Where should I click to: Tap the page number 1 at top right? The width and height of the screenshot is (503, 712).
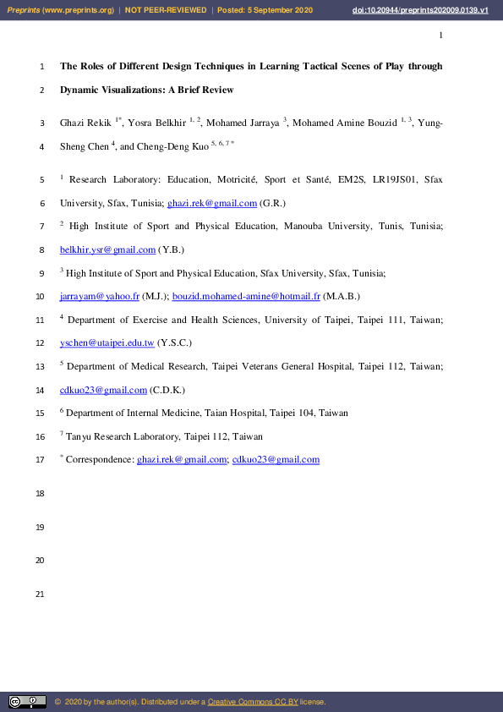pyautogui.click(x=441, y=35)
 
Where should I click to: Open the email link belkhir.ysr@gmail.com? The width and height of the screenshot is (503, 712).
pyautogui.click(x=108, y=250)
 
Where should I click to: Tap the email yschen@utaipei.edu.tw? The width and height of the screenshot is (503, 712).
pyautogui.click(x=107, y=343)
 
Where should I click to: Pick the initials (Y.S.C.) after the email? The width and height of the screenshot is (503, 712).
pyautogui.click(x=174, y=343)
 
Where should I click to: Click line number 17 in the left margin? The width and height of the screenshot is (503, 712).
pyautogui.click(x=39, y=460)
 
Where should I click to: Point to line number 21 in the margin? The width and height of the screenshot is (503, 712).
pyautogui.click(x=39, y=595)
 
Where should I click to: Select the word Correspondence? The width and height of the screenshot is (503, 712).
pyautogui.click(x=99, y=460)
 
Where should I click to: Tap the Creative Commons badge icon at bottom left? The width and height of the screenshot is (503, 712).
pyautogui.click(x=27, y=702)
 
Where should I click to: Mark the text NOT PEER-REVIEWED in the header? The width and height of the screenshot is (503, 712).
pyautogui.click(x=166, y=10)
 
